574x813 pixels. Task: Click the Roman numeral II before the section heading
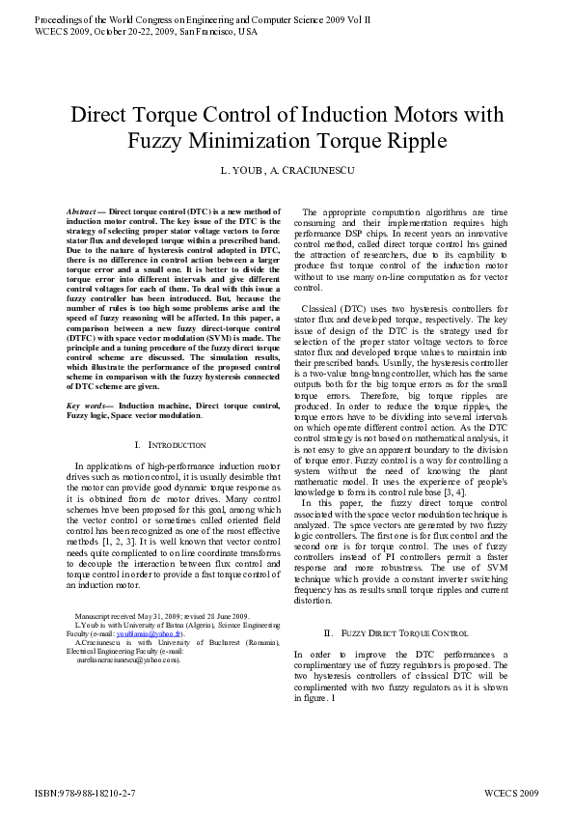coord(329,633)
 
